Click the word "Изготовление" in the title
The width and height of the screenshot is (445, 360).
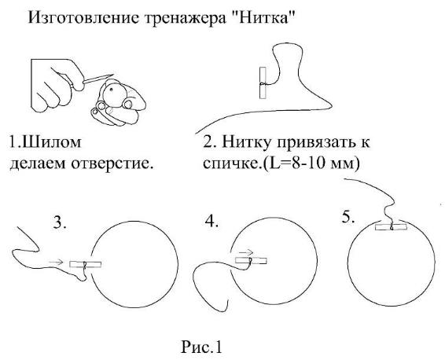coord(83,18)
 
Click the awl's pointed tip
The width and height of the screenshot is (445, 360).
coord(113,75)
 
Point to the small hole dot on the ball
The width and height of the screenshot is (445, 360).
coord(112,89)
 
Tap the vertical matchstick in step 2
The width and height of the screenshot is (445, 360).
coord(263,83)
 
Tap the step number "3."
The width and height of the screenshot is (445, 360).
coord(60,222)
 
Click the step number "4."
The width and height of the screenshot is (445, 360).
coord(211,221)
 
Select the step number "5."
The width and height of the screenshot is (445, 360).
coord(348,217)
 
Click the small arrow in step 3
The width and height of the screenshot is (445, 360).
coord(56,263)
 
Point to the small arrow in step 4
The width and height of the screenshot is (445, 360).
coord(246,252)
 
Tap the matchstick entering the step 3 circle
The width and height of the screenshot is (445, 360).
coord(86,264)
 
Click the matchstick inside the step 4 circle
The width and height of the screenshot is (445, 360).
coord(251,261)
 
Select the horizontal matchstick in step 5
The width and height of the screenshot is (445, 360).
coord(391,227)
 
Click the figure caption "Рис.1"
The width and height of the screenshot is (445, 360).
coord(201,347)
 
